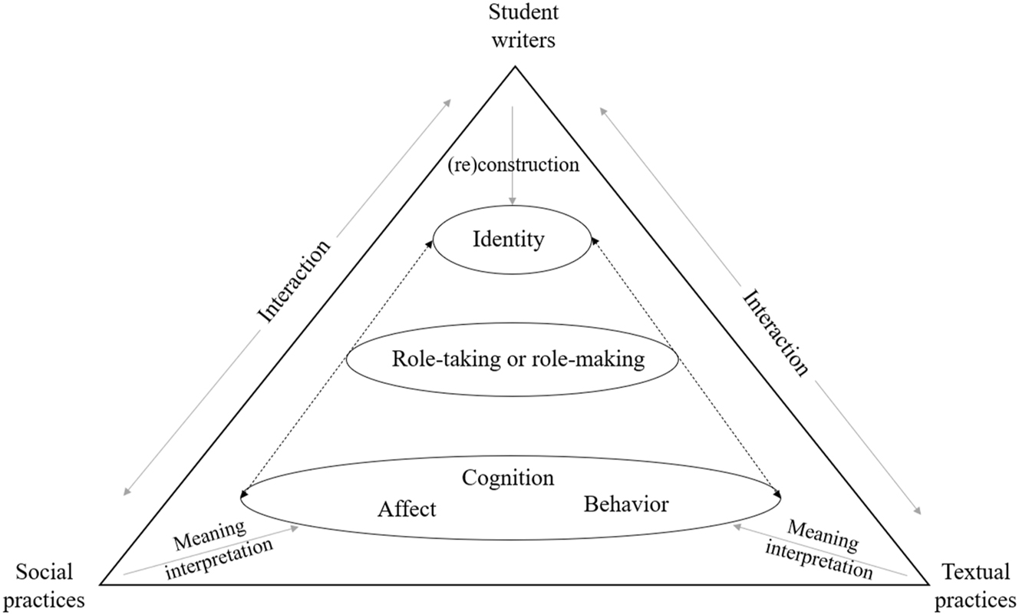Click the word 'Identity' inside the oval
(x=509, y=240)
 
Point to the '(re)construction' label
(x=513, y=165)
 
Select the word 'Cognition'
(x=507, y=478)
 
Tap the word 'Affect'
(x=406, y=508)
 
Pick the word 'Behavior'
(x=626, y=504)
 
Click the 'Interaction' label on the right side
(x=776, y=332)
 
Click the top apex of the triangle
(x=513, y=68)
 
